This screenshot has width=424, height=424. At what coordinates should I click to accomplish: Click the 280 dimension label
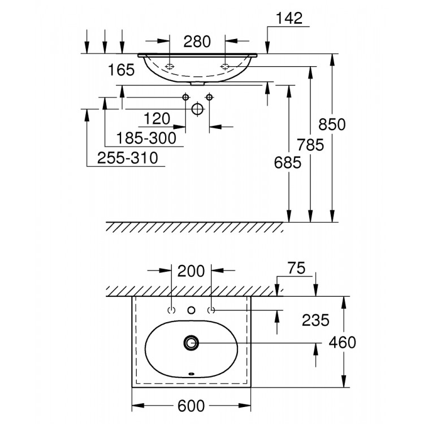pyautogui.click(x=197, y=41)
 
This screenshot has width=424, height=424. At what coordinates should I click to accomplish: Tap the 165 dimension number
pyautogui.click(x=122, y=70)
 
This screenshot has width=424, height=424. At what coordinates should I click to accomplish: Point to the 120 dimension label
pyautogui.click(x=157, y=119)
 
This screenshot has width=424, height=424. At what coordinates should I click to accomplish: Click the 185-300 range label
pyautogui.click(x=146, y=137)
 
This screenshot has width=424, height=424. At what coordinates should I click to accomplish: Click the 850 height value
pyautogui.click(x=332, y=124)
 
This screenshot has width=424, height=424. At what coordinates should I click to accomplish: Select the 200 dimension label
pyautogui.click(x=191, y=271)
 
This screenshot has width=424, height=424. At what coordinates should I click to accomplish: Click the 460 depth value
pyautogui.click(x=343, y=343)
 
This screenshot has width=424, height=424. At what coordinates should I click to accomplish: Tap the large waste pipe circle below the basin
pyautogui.click(x=197, y=109)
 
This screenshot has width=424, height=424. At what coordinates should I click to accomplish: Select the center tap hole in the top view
pyautogui.click(x=192, y=310)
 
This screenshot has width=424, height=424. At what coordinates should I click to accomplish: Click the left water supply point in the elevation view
pyautogui.click(x=185, y=97)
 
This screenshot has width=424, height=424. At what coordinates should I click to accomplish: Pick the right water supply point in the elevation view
pyautogui.click(x=209, y=97)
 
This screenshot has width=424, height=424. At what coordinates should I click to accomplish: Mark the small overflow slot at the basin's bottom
pyautogui.click(x=192, y=374)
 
